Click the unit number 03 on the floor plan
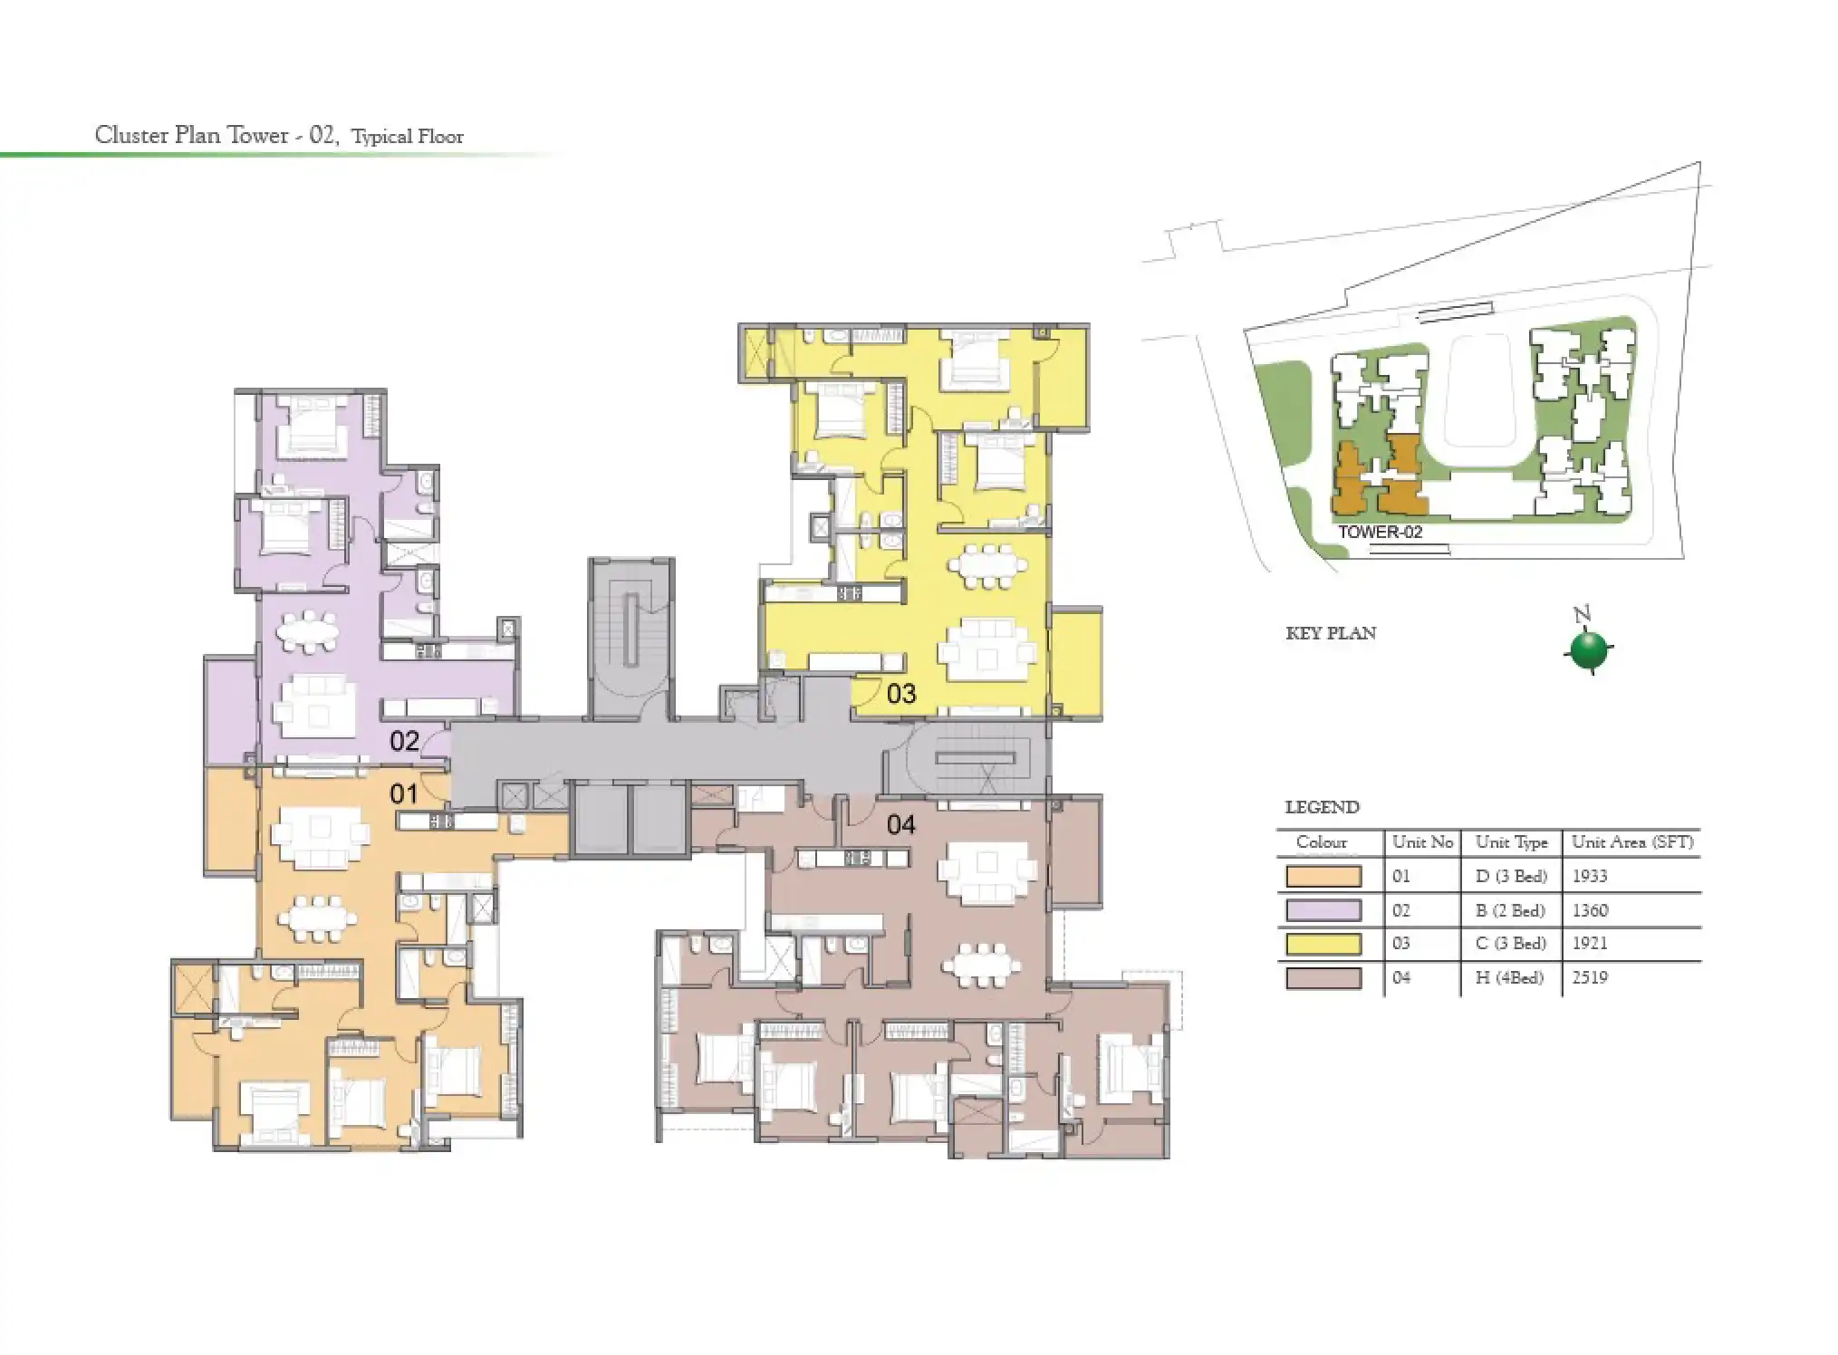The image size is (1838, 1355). pos(900,694)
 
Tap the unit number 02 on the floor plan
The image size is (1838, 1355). pos(404,741)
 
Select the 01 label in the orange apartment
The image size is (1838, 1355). pos(404,794)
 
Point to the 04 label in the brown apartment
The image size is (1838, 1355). pos(900,824)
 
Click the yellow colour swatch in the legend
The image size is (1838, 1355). pos(1323,944)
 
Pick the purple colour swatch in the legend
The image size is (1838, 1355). pos(1323,910)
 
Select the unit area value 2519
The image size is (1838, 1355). pos(1590,977)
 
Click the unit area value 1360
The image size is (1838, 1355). pos(1590,910)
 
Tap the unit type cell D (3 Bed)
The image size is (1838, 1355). pos(1511,876)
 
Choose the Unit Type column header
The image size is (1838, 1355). pos(1511,842)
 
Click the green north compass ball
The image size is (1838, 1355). pos(1588,649)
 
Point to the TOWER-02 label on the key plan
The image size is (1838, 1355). pos(1380,533)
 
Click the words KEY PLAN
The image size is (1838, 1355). pos(1331,634)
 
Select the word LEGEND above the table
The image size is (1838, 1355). pos(1322,808)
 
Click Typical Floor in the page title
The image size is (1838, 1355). pos(408,138)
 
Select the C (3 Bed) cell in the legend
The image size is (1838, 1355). pos(1511,944)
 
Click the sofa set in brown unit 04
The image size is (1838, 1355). pos(987,871)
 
